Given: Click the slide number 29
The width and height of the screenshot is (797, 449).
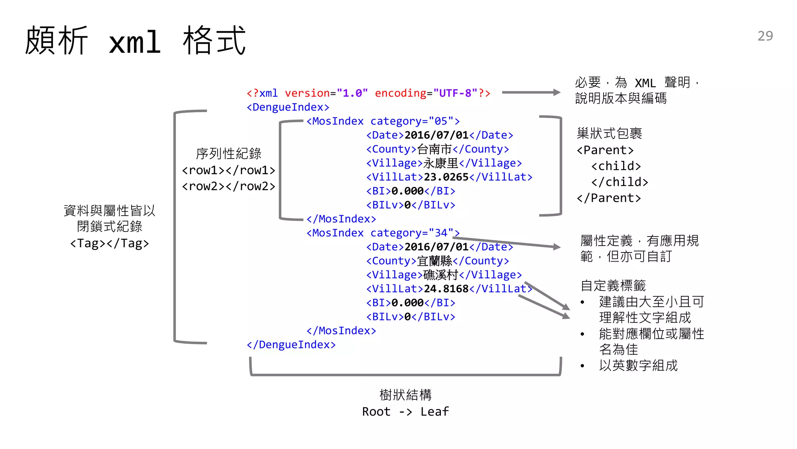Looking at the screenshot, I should pos(765,36).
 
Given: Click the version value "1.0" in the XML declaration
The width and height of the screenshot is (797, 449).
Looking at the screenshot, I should pos(352,93).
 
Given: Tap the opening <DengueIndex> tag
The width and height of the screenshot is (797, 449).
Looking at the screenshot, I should pos(288,107).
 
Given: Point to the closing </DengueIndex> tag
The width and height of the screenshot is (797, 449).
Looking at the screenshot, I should pos(291,345).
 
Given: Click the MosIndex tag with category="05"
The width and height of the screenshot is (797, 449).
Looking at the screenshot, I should pos(383,121).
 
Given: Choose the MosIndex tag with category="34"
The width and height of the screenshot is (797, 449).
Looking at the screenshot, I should pos(383,233).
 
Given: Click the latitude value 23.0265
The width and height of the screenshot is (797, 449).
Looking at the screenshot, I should pos(446,177).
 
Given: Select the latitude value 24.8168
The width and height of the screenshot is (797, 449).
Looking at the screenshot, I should pos(446,289).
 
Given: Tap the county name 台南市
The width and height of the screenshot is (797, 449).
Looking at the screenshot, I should pos(434,149).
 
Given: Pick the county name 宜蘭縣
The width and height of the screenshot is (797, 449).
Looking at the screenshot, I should pos(434,261).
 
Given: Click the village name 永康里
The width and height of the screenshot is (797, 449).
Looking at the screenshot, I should pos(441,163).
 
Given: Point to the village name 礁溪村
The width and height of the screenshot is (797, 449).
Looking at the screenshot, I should pos(441,275).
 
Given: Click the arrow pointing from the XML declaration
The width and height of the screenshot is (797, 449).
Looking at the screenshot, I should pos(531,92).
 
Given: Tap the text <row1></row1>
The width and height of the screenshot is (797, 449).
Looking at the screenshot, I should pos(228,170).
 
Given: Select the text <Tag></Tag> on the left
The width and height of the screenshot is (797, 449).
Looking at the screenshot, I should pos(109,243).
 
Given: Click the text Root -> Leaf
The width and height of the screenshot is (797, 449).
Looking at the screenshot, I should pos(405,412).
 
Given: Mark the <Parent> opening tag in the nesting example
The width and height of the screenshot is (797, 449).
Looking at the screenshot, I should pos(605,150).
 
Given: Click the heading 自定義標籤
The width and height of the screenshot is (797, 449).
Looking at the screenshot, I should pos(613,286).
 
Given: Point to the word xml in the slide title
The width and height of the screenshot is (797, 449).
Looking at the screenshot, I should pos(135,42).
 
